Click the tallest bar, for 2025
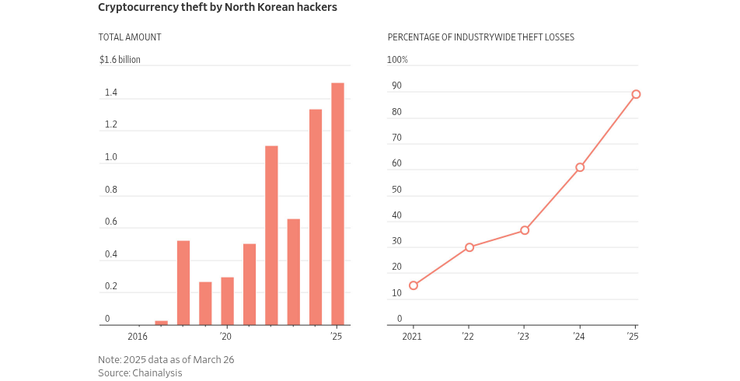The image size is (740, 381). [x=337, y=204]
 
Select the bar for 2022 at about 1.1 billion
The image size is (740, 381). [x=271, y=235]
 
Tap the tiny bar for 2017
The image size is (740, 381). [x=161, y=323]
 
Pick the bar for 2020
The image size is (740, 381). [x=227, y=301]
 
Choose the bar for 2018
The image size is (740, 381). [x=183, y=283]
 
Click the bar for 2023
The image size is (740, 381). [x=293, y=271]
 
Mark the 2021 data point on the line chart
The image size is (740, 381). [x=414, y=285]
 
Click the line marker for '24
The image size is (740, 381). [x=580, y=167]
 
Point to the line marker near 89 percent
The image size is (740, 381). [x=636, y=94]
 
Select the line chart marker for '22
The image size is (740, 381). [x=469, y=247]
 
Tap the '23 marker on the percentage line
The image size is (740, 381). [x=525, y=230]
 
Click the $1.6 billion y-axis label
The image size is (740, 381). [x=120, y=60]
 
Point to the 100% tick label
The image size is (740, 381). [x=397, y=60]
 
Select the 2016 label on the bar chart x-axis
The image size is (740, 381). [x=137, y=337]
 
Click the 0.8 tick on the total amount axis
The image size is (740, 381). [x=111, y=190]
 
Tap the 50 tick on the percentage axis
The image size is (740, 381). [x=396, y=190]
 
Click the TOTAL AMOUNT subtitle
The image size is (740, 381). [x=129, y=37]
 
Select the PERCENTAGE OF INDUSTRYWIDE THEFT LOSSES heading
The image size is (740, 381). [x=481, y=37]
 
